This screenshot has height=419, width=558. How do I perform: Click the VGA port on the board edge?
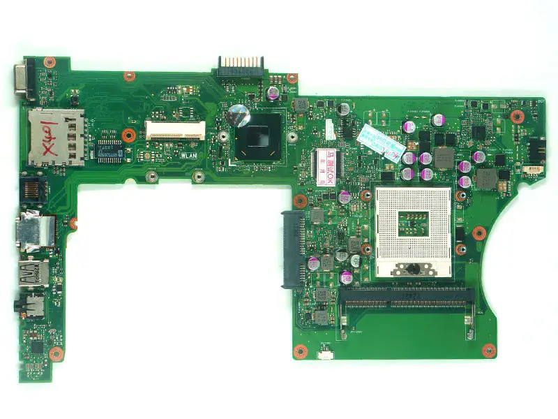coord(23,82)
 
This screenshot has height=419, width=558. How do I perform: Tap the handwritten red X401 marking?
coord(68,135)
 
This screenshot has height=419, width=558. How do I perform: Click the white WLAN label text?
coord(190,157)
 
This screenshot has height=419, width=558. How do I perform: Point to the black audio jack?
coord(32,305)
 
